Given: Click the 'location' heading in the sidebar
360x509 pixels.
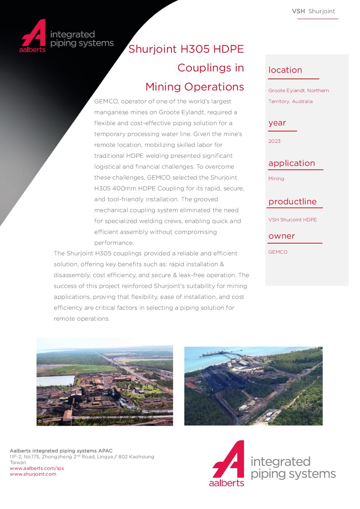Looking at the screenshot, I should [285, 70].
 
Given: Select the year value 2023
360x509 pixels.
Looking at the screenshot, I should [274, 141].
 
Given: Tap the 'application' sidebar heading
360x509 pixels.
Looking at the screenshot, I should [292, 163].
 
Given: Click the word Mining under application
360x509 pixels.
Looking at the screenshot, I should [276, 179].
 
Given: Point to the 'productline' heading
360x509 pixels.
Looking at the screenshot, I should [292, 202].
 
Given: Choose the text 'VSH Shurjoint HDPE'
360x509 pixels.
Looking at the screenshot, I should [292, 220].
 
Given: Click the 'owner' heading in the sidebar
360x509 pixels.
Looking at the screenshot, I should [281, 236].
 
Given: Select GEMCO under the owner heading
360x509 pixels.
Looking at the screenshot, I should [278, 252].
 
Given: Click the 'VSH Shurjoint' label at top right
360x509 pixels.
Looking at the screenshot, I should [313, 11].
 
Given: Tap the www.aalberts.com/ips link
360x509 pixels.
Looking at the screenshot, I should [37, 468].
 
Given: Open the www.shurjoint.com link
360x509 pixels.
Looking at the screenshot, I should [33, 474].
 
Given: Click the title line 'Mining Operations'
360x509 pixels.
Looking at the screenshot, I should [195, 87].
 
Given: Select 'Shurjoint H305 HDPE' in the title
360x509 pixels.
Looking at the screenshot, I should [186, 49].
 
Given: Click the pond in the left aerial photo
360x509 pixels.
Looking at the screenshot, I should [54, 380].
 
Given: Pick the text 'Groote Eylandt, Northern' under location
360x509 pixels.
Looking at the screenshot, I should [298, 90].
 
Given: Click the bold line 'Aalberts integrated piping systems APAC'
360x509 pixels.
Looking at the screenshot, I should [61, 451].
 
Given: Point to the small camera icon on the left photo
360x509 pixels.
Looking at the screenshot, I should [40, 422].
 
